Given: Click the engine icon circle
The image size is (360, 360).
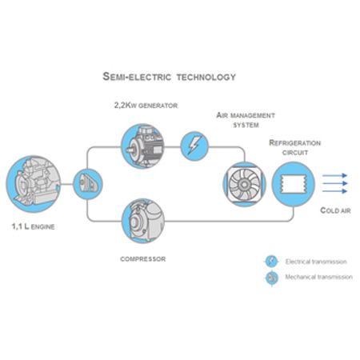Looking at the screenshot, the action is (x=34, y=184).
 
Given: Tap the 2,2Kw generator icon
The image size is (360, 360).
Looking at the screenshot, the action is (x=142, y=146).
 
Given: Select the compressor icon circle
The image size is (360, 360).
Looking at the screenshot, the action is (x=143, y=221).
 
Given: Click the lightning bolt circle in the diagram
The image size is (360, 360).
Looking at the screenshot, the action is (x=194, y=146).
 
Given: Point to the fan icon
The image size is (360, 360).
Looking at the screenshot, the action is (x=244, y=184).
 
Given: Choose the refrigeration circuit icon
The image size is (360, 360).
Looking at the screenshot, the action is (x=294, y=184).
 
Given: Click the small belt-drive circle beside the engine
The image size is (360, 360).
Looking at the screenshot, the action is (x=88, y=184).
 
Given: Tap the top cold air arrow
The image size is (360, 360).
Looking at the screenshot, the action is (x=334, y=175).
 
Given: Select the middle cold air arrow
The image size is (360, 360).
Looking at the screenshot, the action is (x=334, y=183).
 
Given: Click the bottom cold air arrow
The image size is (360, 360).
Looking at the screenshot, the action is (x=334, y=191).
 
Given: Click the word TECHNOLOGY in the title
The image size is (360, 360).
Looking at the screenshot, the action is (x=206, y=77).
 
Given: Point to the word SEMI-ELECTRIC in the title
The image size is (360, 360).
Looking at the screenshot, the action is (x=137, y=77).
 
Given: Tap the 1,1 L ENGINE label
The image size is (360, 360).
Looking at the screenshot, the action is (x=33, y=226).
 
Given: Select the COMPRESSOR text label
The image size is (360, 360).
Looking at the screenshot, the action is (x=143, y=259).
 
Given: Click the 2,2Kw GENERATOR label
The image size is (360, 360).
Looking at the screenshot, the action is (x=146, y=106).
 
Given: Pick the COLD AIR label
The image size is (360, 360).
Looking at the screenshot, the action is (x=335, y=210).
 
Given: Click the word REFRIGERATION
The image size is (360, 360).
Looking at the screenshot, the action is (x=295, y=143).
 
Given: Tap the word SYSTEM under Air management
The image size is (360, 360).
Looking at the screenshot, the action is (x=246, y=125).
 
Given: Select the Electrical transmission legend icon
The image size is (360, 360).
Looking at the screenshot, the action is (x=272, y=262).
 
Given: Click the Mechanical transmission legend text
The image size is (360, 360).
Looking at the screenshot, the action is (x=319, y=277).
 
